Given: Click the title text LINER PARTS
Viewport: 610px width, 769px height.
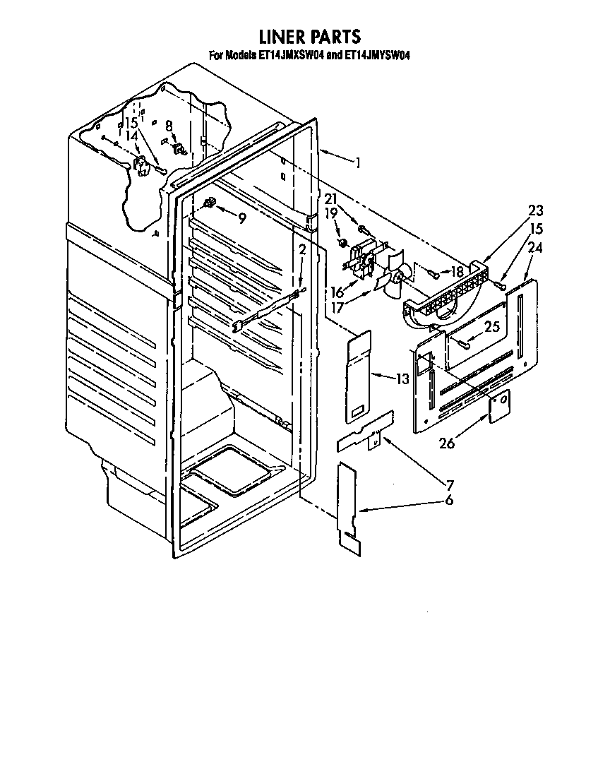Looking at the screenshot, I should pos(309,37).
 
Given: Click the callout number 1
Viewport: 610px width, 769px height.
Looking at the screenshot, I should pos(359,163).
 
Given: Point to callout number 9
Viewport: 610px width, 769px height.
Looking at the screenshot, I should pos(241,218).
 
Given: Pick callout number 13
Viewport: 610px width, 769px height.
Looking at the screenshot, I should pos(402,379).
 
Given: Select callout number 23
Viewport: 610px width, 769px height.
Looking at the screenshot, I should pos(536,210).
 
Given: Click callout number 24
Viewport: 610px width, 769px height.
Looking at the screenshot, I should pos(534,248).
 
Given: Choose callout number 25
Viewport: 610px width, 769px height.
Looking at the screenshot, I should pos(492,327).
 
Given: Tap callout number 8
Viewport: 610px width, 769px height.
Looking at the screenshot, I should pos(169,126).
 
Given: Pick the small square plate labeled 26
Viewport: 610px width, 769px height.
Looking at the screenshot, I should pos(499,407).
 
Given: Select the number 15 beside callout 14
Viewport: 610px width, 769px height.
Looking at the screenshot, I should pos(131,122).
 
